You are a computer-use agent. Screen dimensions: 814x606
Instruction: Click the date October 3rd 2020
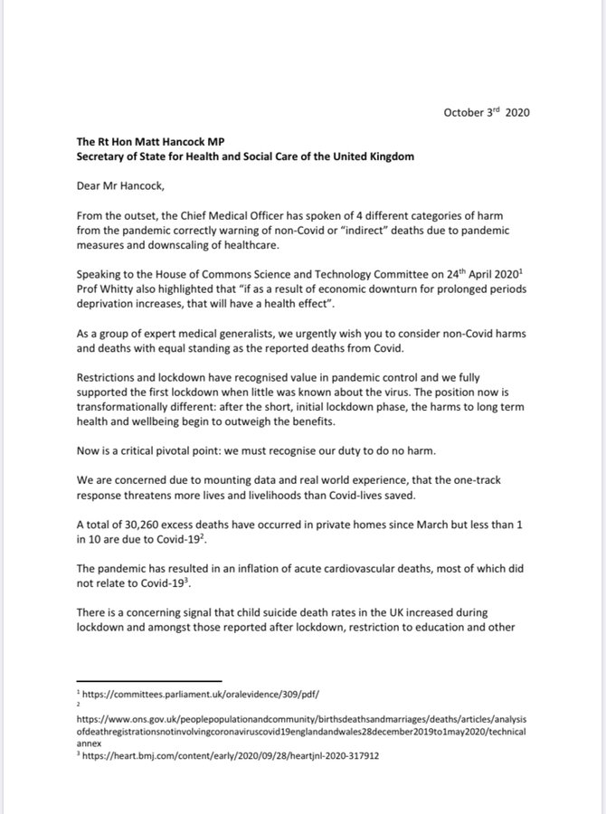point(486,112)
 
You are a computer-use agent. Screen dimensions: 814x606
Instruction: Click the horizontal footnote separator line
point(148,681)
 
